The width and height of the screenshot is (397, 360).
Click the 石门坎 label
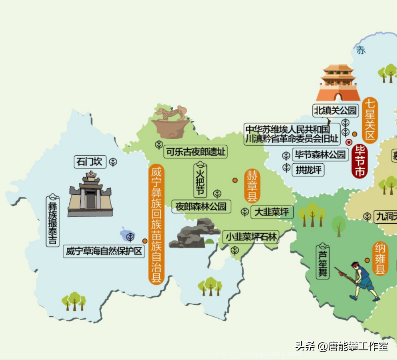pos(90,162)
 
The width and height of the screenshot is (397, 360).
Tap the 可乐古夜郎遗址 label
pos(196,152)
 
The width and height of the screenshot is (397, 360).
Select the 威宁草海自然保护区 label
pos(104,251)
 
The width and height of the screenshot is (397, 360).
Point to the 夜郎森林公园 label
pos(201,206)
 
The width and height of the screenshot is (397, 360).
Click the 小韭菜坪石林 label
pos(251,237)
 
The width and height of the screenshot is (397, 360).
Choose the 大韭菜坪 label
pos(271,212)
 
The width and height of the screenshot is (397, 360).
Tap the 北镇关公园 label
pos(335,110)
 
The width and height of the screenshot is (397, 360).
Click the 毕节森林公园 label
pos(320,155)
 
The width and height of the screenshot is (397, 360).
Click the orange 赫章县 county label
pos(252,186)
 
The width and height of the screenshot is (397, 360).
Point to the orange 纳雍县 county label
pos(380,259)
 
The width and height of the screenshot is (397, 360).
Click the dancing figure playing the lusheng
pos(361,280)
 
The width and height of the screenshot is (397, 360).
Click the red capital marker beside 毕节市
pos(349,142)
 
